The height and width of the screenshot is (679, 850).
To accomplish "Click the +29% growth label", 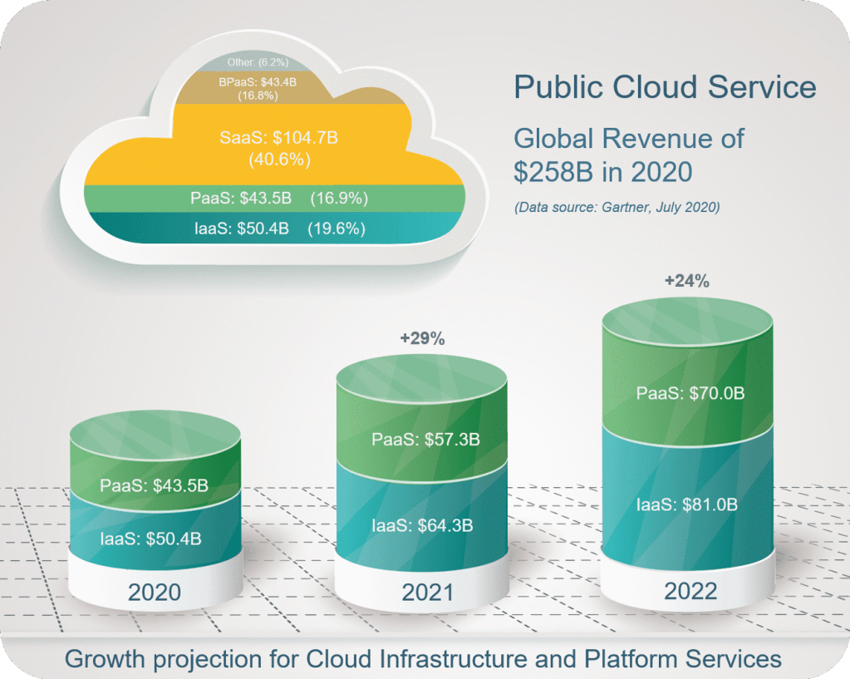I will tap(423, 338).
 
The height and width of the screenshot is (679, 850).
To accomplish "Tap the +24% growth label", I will tap(686, 282).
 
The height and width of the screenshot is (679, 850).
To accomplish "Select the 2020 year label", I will tap(155, 593).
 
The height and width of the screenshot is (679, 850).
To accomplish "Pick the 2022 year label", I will tap(690, 591).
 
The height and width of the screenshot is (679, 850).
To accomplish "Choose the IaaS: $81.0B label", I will tap(689, 504).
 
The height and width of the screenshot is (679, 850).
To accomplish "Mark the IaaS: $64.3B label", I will tap(422, 525).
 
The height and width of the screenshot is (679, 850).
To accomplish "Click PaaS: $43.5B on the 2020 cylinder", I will tap(154, 485).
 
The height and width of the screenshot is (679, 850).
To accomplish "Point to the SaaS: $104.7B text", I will tap(278, 138).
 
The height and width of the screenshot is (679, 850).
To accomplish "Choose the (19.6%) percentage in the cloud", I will tap(337, 229).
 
